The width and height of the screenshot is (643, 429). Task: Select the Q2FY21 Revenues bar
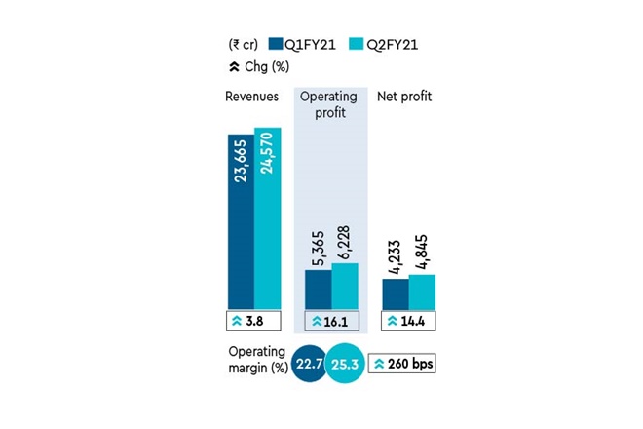[x=267, y=218]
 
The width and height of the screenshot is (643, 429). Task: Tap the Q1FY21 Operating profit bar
[x=318, y=289]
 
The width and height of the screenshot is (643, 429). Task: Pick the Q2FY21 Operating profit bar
[x=345, y=286]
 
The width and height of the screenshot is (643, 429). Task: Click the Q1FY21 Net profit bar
[x=395, y=293]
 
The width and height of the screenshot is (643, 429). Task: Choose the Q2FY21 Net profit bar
[x=421, y=292]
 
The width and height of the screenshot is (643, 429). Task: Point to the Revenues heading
[x=251, y=97]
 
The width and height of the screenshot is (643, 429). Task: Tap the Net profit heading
[x=404, y=97]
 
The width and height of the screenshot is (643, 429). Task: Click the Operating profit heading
[x=329, y=105]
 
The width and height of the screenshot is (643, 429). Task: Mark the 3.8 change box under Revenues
[x=252, y=320]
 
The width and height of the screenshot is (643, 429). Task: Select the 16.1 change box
[x=331, y=320]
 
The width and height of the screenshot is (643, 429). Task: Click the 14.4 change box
[x=408, y=320]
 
